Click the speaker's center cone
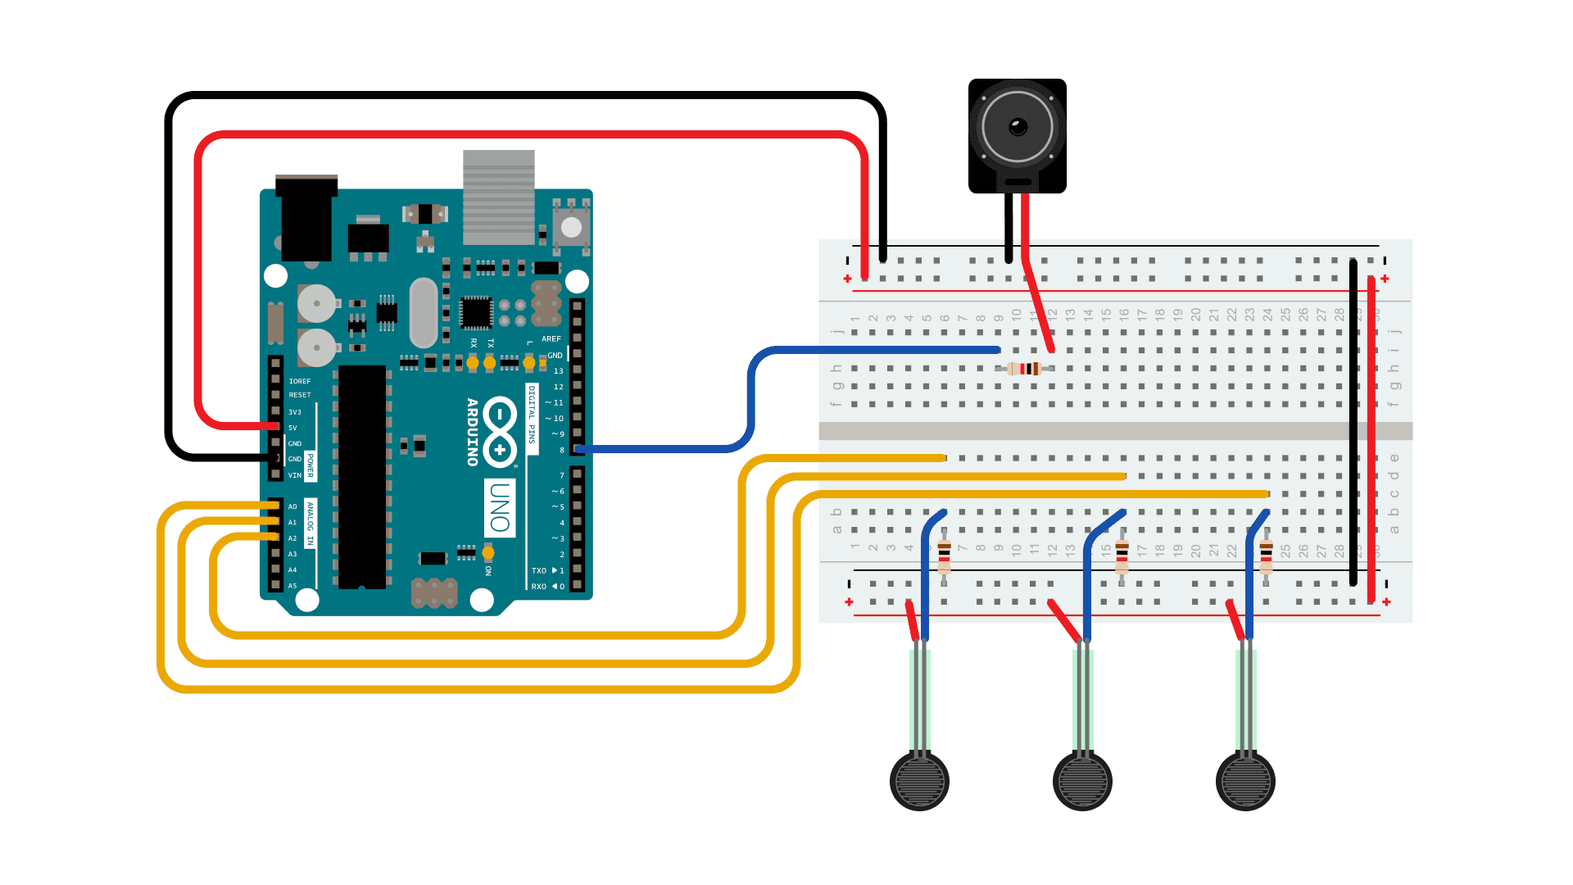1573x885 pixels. (1018, 127)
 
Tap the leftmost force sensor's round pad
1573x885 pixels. (919, 781)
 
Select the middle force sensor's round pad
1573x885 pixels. (1082, 781)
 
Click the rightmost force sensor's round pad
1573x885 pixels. (1245, 781)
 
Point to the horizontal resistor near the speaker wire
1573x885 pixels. (1025, 369)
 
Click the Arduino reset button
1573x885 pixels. (571, 227)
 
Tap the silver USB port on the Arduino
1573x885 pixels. (498, 197)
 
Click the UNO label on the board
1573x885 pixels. (500, 507)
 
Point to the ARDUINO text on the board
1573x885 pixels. (473, 432)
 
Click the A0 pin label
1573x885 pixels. (292, 506)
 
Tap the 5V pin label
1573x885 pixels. (292, 428)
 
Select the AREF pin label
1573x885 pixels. (551, 338)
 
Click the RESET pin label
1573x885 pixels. (299, 395)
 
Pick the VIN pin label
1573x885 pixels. (294, 475)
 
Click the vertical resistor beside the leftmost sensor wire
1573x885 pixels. (944, 557)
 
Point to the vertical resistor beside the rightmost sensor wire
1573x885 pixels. (1266, 557)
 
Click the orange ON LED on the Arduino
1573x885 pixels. (488, 552)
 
